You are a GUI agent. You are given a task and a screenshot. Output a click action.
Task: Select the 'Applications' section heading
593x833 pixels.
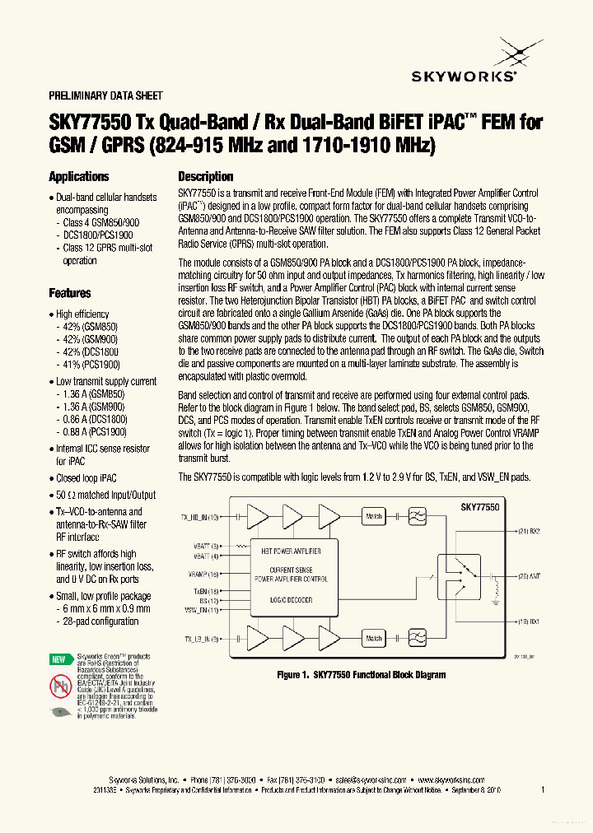click(78, 177)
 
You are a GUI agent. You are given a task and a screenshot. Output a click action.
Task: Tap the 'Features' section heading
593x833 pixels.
click(70, 293)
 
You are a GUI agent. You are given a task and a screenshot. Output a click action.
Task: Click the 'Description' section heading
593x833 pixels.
click(206, 177)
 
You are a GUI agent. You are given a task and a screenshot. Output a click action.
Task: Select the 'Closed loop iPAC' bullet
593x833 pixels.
click(86, 477)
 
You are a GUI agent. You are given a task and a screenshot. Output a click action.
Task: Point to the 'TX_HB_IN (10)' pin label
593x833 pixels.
click(200, 517)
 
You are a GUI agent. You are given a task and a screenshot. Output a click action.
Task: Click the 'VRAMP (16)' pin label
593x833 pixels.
click(203, 574)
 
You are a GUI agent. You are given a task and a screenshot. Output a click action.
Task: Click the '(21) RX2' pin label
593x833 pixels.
click(529, 531)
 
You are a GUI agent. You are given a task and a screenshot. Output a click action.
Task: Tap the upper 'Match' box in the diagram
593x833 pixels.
click(374, 516)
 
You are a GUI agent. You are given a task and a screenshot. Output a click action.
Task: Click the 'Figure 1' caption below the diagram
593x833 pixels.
click(361, 675)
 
